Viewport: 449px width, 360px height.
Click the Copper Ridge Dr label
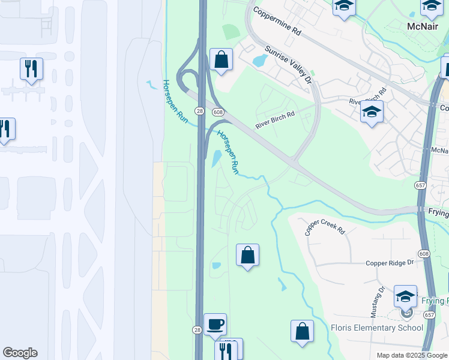[x=390, y=263]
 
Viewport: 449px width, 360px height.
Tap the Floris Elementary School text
[x=377, y=328]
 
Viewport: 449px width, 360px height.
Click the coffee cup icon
[x=215, y=325]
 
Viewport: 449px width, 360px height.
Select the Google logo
[x=20, y=353]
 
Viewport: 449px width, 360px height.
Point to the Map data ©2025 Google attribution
[x=412, y=355]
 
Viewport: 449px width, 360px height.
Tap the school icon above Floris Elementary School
[x=405, y=296]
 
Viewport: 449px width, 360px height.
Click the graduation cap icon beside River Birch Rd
[x=372, y=112]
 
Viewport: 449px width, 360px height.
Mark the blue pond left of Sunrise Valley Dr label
[x=261, y=60]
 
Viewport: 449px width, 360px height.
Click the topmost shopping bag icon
[x=221, y=59]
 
